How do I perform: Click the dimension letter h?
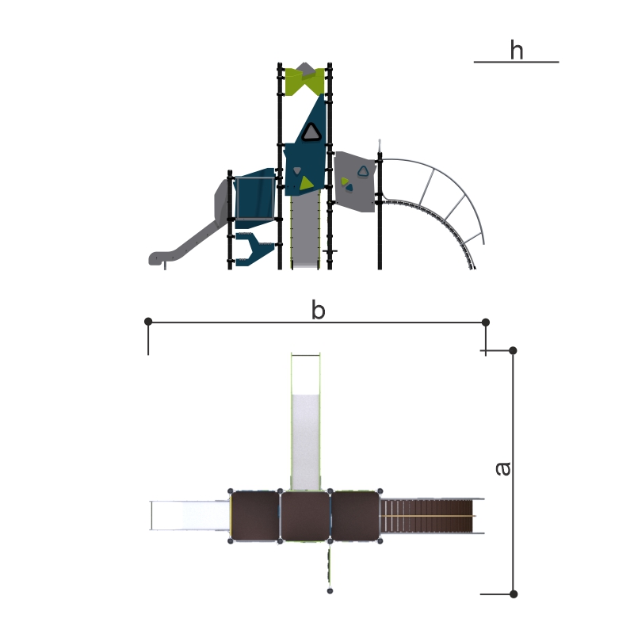coord(517,50)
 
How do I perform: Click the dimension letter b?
coord(319,311)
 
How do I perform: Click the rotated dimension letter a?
coord(503,468)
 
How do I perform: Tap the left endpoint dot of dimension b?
coord(148,322)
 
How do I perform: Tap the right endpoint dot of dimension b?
coord(486,323)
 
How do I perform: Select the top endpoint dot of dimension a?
coord(513,350)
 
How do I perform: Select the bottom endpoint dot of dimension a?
coord(514,594)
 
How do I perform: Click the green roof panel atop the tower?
coord(304,82)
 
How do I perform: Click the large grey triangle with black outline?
coord(311,132)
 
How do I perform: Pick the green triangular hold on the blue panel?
coord(306,184)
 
